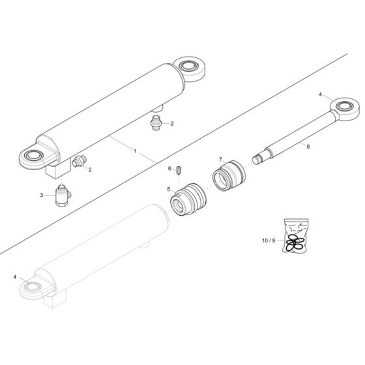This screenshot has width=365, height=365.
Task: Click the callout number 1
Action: coord(136,151)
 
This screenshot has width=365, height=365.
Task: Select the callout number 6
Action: coord(169,168)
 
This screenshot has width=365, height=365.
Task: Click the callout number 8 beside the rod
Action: coord(309,148)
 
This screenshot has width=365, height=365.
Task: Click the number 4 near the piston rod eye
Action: coord(321,95)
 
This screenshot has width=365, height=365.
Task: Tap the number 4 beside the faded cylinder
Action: coord(16,278)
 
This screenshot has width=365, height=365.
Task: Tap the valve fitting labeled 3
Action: coord(63,194)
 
